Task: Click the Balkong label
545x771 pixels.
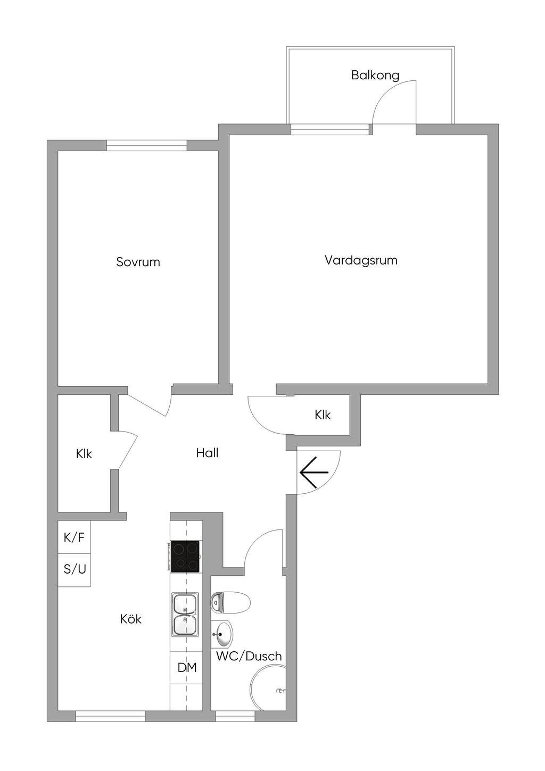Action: pyautogui.click(x=375, y=76)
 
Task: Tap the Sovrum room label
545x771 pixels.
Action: pyautogui.click(x=138, y=262)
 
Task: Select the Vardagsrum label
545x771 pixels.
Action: pyautogui.click(x=361, y=260)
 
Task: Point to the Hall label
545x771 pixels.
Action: pyautogui.click(x=207, y=453)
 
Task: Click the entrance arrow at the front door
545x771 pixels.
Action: pyautogui.click(x=314, y=472)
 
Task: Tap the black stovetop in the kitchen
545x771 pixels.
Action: pyautogui.click(x=185, y=557)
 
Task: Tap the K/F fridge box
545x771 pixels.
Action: pyautogui.click(x=74, y=537)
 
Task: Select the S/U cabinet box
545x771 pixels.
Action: pyautogui.click(x=74, y=570)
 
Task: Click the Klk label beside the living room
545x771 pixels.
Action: pyautogui.click(x=323, y=415)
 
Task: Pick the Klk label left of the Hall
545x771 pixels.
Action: pyautogui.click(x=84, y=454)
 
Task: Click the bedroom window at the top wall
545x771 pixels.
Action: pyautogui.click(x=147, y=145)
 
